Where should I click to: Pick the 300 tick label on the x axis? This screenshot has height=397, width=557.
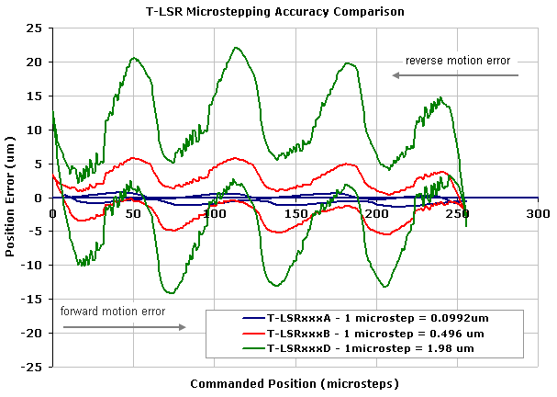click(538, 213)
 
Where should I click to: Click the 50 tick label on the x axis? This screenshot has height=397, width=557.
click(134, 213)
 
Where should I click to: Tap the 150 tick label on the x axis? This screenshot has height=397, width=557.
click(295, 213)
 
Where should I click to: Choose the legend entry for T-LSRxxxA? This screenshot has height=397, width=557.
click(376, 318)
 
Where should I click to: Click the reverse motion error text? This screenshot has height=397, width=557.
click(458, 61)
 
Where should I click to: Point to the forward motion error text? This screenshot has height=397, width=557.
click(113, 311)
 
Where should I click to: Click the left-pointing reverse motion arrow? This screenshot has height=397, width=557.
click(454, 75)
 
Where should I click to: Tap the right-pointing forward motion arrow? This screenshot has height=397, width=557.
click(123, 326)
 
